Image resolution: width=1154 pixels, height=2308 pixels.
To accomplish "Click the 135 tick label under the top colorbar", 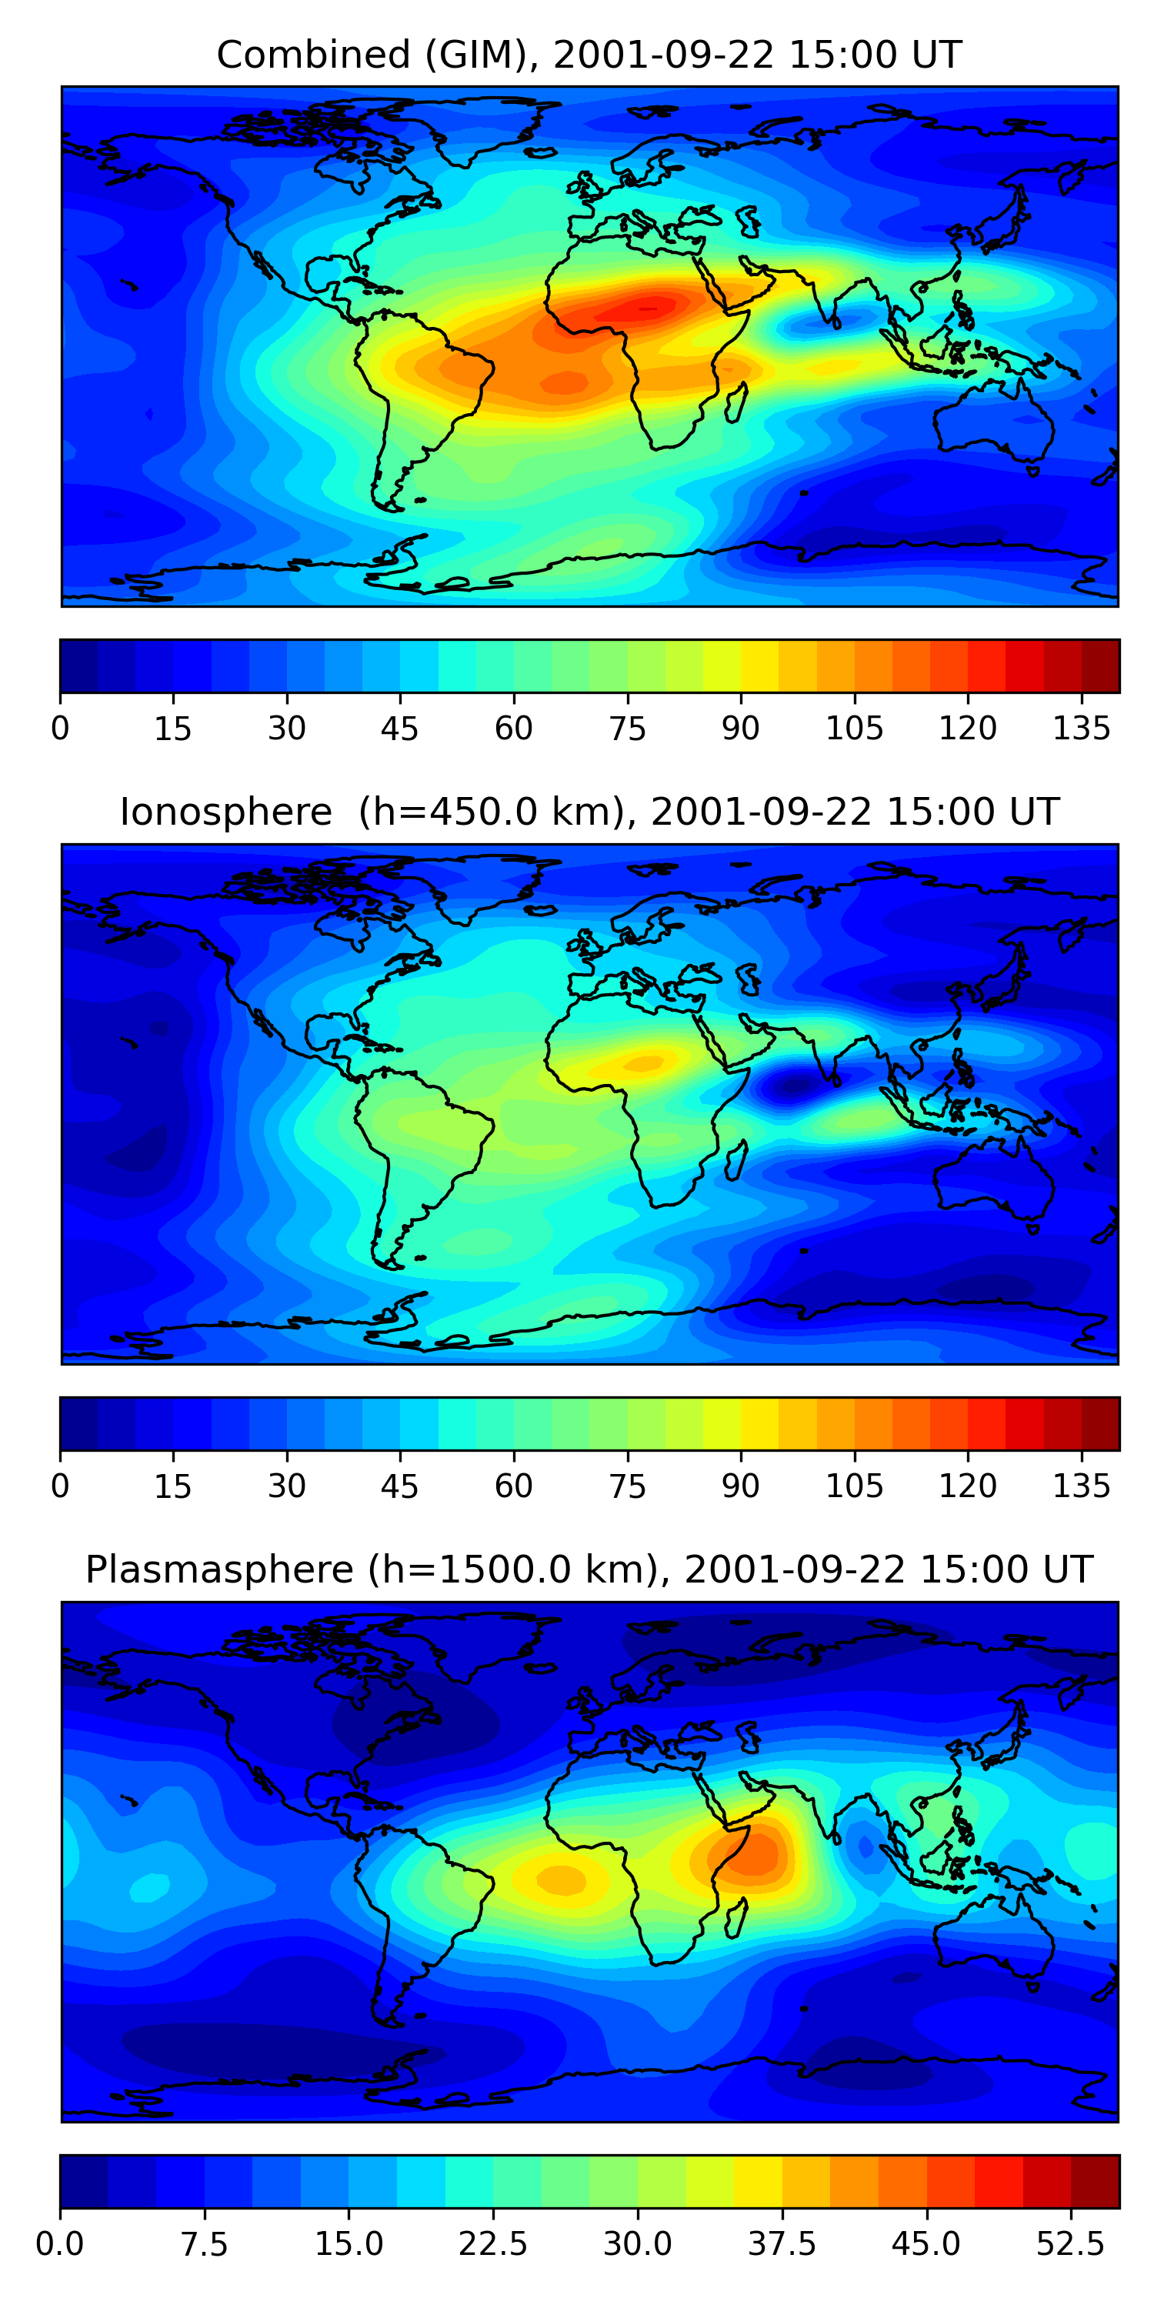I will click(x=1081, y=729).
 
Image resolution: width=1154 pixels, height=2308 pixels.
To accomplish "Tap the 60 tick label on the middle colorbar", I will click(x=513, y=1486).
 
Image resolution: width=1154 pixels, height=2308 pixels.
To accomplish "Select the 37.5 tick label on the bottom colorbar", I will click(x=782, y=2244).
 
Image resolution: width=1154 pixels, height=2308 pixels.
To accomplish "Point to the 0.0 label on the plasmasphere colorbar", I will click(x=60, y=2244).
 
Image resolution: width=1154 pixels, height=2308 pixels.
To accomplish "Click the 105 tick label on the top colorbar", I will click(x=854, y=729).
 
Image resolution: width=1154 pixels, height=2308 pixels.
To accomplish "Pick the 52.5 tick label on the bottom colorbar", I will click(x=1070, y=2244).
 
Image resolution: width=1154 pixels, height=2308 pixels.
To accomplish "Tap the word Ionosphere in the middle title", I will click(x=225, y=812).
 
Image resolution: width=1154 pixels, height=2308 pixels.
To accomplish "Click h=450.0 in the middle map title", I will click(x=479, y=812).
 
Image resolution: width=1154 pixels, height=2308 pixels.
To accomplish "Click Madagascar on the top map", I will click(x=736, y=402).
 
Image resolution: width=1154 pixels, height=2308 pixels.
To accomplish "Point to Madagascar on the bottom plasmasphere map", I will click(x=736, y=1917).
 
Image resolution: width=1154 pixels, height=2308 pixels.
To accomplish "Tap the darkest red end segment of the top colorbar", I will click(x=1100, y=665).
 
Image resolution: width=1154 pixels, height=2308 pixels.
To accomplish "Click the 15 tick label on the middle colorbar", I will click(x=172, y=1486).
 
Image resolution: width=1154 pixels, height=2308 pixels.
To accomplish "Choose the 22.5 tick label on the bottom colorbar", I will click(x=493, y=2244).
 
